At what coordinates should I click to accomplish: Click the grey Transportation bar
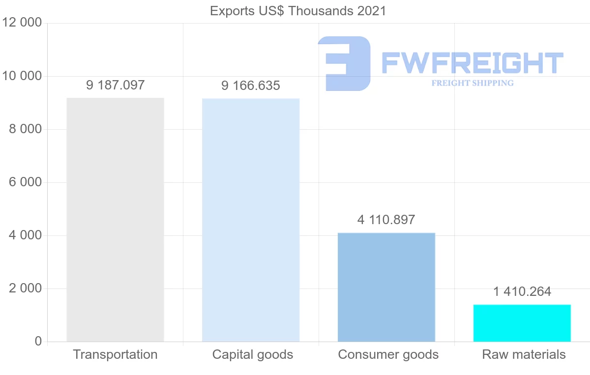pyautogui.click(x=115, y=220)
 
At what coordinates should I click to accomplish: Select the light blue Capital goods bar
pyautogui.click(x=251, y=220)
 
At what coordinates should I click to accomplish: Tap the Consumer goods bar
pyautogui.click(x=386, y=287)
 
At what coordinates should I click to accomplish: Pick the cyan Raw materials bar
pyautogui.click(x=522, y=323)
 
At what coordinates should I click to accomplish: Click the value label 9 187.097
pyautogui.click(x=116, y=85)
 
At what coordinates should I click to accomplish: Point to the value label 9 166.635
pyautogui.click(x=251, y=86)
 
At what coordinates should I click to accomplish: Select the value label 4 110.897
pyautogui.click(x=386, y=220)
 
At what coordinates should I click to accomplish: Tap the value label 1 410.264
pyautogui.click(x=522, y=291)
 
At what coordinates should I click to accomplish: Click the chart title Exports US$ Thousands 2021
pyautogui.click(x=298, y=11)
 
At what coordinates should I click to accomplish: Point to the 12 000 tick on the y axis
pyautogui.click(x=22, y=23)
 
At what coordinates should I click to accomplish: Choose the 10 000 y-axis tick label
pyautogui.click(x=22, y=76)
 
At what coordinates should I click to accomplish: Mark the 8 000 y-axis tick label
pyautogui.click(x=26, y=129)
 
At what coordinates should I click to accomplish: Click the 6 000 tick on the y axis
pyautogui.click(x=26, y=182)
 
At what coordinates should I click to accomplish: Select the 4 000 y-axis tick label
pyautogui.click(x=26, y=235)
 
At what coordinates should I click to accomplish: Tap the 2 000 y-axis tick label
pyautogui.click(x=26, y=288)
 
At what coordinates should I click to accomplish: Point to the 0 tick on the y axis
pyautogui.click(x=38, y=342)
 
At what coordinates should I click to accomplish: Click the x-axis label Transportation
pyautogui.click(x=116, y=354)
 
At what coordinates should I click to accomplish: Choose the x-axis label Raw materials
pyautogui.click(x=524, y=354)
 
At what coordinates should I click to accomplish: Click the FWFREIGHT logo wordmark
pyautogui.click(x=472, y=62)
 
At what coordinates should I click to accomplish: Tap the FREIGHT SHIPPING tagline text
pyautogui.click(x=472, y=83)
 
